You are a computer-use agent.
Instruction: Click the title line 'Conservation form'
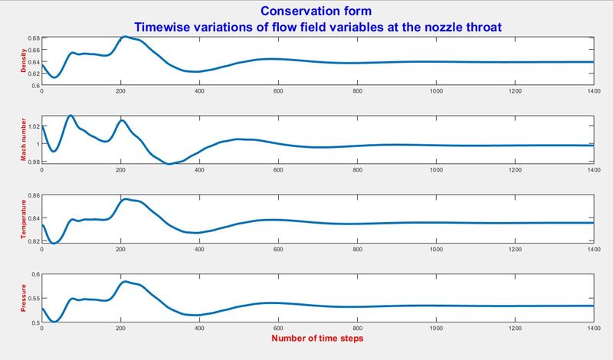click(306, 11)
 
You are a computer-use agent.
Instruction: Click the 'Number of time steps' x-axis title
click(318, 338)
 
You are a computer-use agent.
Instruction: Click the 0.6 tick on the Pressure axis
click(34, 274)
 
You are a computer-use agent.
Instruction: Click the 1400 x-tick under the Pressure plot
click(592, 329)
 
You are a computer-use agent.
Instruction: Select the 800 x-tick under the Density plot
click(357, 92)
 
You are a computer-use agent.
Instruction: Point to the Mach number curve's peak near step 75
click(70, 116)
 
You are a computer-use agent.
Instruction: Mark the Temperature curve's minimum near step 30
click(54, 243)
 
